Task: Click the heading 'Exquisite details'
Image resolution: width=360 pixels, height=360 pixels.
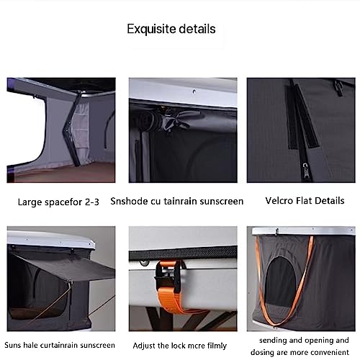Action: [x=171, y=29]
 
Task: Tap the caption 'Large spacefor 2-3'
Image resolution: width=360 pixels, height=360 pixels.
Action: [x=58, y=202]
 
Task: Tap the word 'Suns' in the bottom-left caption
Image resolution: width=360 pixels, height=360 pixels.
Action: [x=13, y=346]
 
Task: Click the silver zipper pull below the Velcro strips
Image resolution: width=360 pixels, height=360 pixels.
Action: [x=305, y=170]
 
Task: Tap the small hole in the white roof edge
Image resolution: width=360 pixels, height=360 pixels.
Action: [x=194, y=91]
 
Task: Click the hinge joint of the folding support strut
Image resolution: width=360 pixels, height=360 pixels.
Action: [x=66, y=130]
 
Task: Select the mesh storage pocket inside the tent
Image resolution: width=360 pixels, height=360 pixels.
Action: [x=81, y=130]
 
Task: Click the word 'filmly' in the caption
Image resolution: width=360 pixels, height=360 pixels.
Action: [x=217, y=346]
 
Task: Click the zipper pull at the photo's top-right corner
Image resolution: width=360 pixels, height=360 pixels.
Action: [x=339, y=88]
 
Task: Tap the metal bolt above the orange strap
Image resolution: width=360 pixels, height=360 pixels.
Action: [x=144, y=264]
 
